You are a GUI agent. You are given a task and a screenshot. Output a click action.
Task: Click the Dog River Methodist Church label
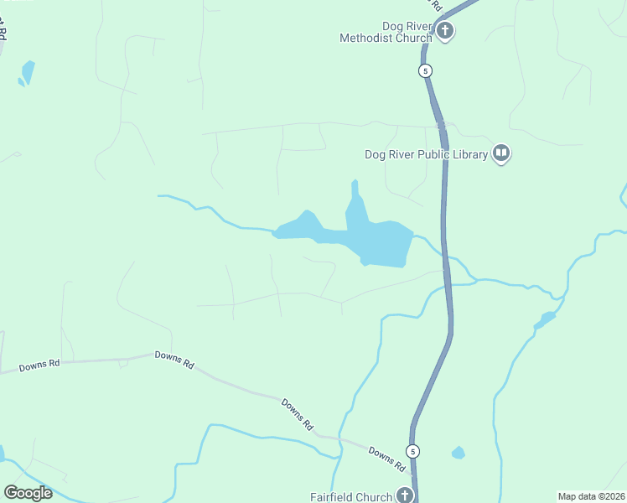click(x=386, y=32)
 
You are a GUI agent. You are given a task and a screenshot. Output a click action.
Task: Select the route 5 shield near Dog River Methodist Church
click(x=426, y=71)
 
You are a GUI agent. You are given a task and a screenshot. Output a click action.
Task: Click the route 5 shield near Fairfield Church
click(x=413, y=451)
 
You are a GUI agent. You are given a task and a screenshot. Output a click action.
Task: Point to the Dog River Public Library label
click(x=426, y=154)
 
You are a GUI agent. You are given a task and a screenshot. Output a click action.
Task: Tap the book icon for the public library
click(x=501, y=153)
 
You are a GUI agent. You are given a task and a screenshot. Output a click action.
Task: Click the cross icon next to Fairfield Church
click(x=405, y=495)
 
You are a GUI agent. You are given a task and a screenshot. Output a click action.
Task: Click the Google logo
click(x=28, y=493)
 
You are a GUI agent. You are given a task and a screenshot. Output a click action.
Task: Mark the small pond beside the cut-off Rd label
click(x=28, y=72)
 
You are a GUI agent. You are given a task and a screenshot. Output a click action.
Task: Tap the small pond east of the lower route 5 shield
click(x=458, y=453)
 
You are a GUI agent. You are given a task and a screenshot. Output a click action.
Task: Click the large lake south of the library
click(x=381, y=244)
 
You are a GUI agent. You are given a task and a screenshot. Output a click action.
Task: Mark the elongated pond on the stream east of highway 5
click(x=545, y=319)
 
